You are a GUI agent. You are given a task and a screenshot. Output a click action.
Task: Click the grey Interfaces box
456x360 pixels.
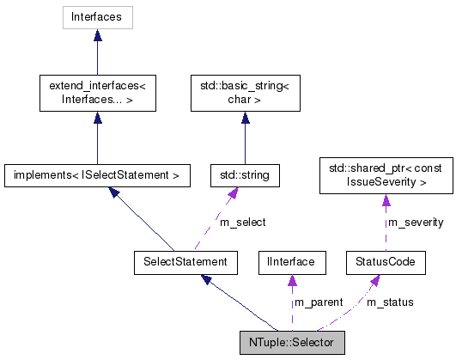click(96, 16)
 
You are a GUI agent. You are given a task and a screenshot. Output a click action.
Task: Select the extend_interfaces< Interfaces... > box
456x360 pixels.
click(96, 92)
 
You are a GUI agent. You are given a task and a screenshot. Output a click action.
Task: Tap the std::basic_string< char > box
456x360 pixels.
click(244, 92)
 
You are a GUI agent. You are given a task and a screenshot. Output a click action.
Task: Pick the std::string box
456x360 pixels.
click(235, 175)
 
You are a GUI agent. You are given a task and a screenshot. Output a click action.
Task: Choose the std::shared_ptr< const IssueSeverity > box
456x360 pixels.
click(386, 175)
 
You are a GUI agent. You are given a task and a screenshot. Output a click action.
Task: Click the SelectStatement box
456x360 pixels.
click(185, 260)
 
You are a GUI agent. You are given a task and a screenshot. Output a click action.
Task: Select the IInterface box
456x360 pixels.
click(292, 260)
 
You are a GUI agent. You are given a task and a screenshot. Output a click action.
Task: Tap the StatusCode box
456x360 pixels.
click(386, 260)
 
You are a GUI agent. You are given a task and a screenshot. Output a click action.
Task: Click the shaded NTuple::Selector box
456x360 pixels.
click(292, 341)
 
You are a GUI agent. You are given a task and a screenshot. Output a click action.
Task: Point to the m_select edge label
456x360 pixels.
click(243, 223)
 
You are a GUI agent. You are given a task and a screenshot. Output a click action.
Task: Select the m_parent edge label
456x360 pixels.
click(319, 302)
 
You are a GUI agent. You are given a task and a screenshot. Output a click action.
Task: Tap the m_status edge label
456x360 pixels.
click(390, 302)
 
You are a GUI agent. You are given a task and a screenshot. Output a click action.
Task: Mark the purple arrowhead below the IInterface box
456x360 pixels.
click(292, 279)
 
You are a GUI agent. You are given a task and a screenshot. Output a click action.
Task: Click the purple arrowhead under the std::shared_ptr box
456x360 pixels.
click(386, 199)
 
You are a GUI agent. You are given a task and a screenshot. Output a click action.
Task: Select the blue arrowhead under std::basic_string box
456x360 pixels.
click(244, 119)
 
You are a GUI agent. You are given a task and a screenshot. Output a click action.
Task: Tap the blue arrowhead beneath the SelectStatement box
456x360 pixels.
click(205, 278)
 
